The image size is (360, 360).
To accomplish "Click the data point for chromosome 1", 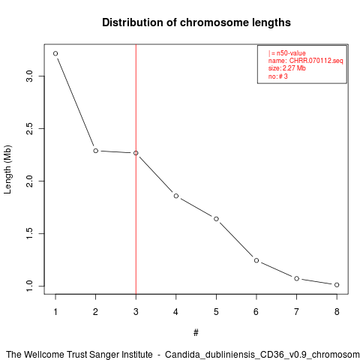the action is pyautogui.click(x=55, y=53).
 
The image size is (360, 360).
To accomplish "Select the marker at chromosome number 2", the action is pyautogui.click(x=95, y=151).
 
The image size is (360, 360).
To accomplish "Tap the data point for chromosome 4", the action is pyautogui.click(x=176, y=196).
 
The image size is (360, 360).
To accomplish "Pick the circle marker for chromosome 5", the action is pyautogui.click(x=216, y=219).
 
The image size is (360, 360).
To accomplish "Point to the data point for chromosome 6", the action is pyautogui.click(x=256, y=260).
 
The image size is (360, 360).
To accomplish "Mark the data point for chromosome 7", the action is pyautogui.click(x=296, y=278).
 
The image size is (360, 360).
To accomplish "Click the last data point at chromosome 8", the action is pyautogui.click(x=337, y=285).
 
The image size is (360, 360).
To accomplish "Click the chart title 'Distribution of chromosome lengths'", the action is pyautogui.click(x=196, y=22).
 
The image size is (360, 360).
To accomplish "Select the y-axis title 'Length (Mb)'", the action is pyautogui.click(x=7, y=169).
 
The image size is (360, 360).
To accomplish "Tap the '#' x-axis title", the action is pyautogui.click(x=196, y=333).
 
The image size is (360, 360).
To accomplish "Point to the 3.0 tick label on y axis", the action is pyautogui.click(x=30, y=76).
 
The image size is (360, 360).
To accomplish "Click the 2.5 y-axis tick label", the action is pyautogui.click(x=30, y=128).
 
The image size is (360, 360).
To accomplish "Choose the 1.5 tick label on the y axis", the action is pyautogui.click(x=30, y=233).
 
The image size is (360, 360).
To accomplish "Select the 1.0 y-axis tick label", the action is pyautogui.click(x=30, y=286).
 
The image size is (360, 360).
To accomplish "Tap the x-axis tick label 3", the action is pyautogui.click(x=136, y=312).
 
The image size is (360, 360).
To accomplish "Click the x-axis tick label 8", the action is pyautogui.click(x=337, y=312).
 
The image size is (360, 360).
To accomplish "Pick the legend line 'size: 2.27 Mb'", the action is pyautogui.click(x=287, y=68).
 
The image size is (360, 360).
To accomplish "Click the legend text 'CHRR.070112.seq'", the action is pyautogui.click(x=316, y=61).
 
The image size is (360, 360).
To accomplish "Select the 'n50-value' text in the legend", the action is pyautogui.click(x=291, y=53).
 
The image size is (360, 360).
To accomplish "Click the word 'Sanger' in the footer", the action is pyautogui.click(x=104, y=355).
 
